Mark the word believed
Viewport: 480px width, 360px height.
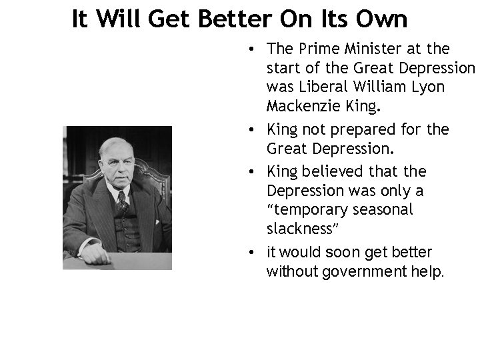(x=335, y=171)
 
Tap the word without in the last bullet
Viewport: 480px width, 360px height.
(x=291, y=271)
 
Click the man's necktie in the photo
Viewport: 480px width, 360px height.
(x=121, y=199)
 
